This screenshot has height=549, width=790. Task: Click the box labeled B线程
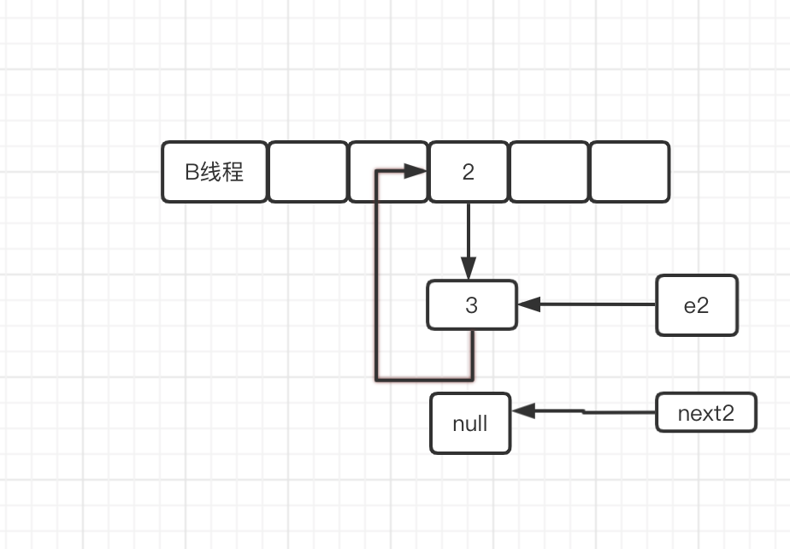click(215, 172)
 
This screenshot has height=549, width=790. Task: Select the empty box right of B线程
click(308, 172)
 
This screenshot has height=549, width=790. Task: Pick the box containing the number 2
click(468, 172)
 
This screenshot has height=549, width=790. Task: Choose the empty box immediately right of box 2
click(549, 172)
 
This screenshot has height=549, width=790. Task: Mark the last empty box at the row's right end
click(629, 172)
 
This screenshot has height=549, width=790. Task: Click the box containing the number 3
click(472, 304)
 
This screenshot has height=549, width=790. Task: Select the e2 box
click(696, 304)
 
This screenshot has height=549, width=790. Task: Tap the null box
click(470, 422)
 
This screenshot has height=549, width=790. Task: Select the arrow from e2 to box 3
click(590, 304)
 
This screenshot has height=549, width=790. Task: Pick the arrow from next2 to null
click(590, 412)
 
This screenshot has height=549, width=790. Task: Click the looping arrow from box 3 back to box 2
click(376, 282)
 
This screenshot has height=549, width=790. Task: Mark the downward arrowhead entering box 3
click(468, 268)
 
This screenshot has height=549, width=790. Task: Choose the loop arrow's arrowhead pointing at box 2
click(417, 172)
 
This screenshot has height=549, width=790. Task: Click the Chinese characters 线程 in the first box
click(222, 172)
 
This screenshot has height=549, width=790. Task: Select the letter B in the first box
click(192, 172)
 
